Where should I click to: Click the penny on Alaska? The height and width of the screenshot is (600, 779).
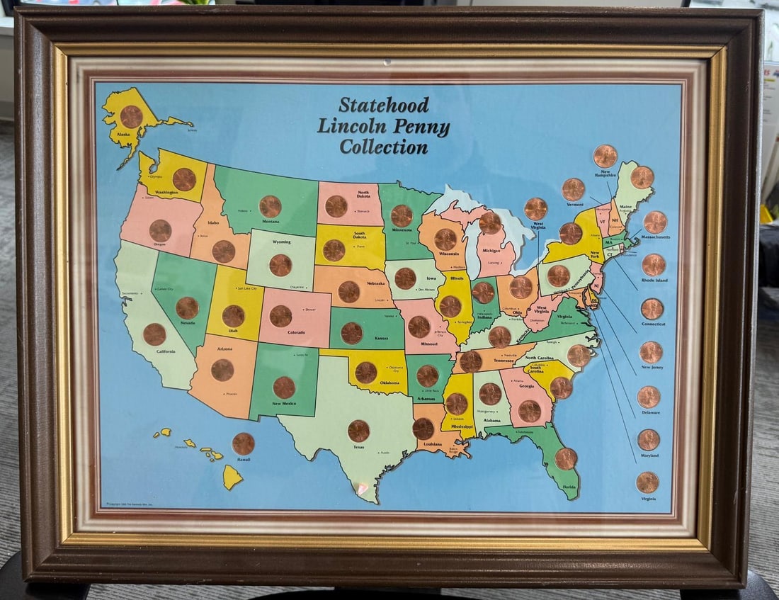[x=131, y=116]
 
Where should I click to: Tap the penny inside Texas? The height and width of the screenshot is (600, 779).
[x=358, y=431]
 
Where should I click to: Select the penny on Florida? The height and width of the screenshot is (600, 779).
[x=566, y=458]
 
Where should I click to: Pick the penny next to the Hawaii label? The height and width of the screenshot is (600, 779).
[x=243, y=443]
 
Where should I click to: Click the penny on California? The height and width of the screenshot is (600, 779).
[x=154, y=334]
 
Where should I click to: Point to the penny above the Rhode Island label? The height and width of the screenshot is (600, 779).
[x=654, y=265]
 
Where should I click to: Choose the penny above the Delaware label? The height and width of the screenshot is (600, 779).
[x=649, y=397]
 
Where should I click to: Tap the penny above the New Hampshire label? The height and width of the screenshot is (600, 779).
[x=605, y=156]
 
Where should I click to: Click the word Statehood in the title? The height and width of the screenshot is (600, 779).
[x=383, y=105]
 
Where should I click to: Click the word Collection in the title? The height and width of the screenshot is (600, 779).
[x=383, y=147]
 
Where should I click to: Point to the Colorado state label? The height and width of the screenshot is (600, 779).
[x=296, y=332]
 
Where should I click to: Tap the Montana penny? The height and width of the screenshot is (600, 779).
[x=270, y=206]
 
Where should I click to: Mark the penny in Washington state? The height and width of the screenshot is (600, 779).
[x=184, y=179]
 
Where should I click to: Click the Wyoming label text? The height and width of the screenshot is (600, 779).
[x=281, y=242]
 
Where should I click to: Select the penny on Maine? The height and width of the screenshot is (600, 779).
[x=642, y=177]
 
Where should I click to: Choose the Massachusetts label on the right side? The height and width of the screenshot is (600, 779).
[x=655, y=237]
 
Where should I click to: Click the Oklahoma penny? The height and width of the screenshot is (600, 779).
[x=366, y=372]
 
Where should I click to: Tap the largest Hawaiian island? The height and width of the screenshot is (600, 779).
[x=232, y=477]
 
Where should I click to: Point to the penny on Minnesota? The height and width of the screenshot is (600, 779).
[x=402, y=215]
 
